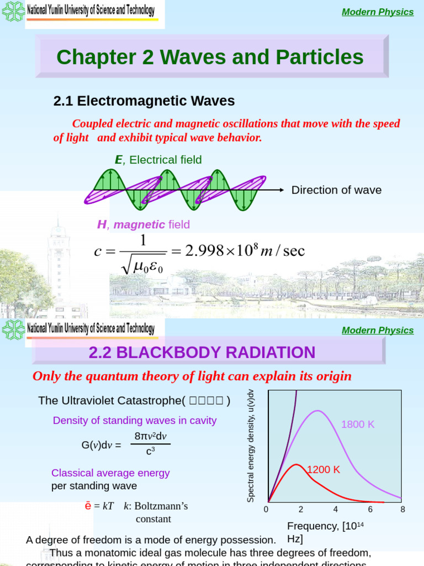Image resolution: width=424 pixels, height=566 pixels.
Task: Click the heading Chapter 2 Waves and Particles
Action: click(210, 57)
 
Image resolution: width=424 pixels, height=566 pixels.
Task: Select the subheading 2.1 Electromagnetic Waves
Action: click(144, 101)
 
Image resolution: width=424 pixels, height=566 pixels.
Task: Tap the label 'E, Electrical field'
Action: click(158, 160)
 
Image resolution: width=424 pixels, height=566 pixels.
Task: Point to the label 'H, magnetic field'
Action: click(144, 224)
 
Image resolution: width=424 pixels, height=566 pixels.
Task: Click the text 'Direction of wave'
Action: click(336, 190)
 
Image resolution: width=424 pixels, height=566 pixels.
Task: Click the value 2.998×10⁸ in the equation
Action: click(221, 251)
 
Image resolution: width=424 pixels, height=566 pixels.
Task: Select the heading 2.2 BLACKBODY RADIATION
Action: click(202, 352)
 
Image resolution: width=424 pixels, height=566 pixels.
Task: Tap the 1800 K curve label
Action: click(358, 424)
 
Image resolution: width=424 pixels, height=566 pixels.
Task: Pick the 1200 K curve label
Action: click(324, 470)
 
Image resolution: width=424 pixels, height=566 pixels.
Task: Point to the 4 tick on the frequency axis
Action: click(336, 509)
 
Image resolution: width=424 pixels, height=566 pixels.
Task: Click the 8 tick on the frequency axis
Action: click(402, 509)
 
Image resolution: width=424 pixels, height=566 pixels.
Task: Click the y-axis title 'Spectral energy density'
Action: click(251, 446)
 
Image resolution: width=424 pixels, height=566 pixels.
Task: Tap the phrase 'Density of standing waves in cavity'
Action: click(135, 421)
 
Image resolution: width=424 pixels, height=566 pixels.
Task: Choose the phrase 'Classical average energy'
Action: click(110, 473)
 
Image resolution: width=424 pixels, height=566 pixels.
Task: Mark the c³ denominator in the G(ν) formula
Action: click(150, 451)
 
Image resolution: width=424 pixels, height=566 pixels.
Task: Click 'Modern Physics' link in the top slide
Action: click(378, 12)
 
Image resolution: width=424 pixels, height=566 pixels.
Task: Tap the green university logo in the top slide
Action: click(13, 11)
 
